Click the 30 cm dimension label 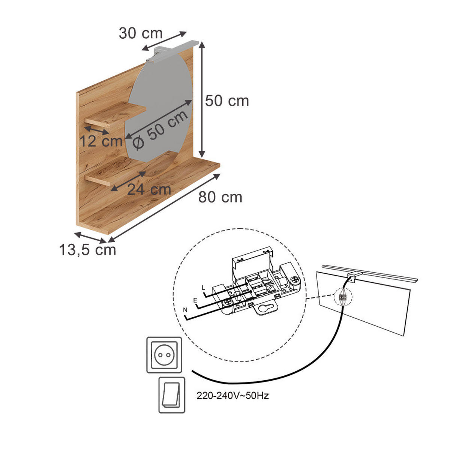tap(140, 33)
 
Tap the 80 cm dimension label tap(220, 197)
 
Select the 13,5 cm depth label tap(88, 250)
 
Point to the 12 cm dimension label tap(101, 141)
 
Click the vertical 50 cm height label tap(227, 101)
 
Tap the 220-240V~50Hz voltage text tap(232, 396)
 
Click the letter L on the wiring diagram tap(203, 288)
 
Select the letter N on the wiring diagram tap(185, 310)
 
